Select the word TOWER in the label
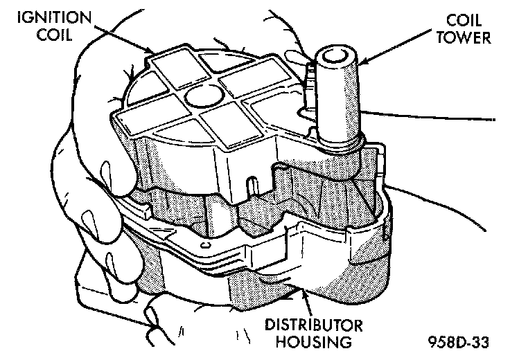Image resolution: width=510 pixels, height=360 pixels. [x=468, y=39]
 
